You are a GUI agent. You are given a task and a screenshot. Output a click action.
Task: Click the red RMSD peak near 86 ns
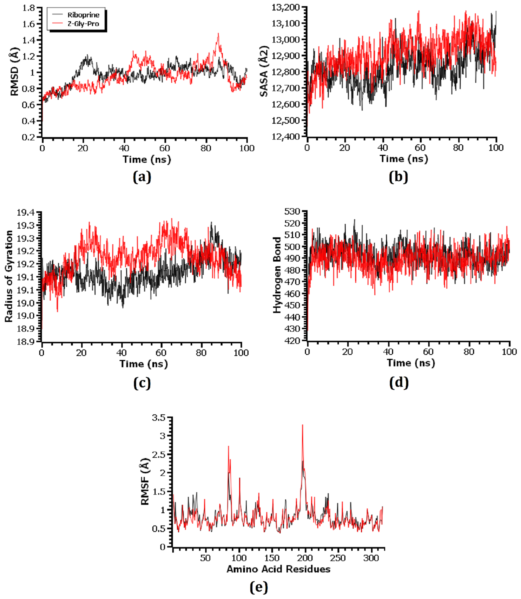point(218,34)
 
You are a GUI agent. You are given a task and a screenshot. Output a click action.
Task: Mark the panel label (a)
point(142,177)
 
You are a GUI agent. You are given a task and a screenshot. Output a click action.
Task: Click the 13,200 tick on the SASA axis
point(285,7)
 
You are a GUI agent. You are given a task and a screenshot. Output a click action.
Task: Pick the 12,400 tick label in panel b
point(285,136)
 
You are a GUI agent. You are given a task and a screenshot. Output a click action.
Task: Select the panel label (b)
point(398,177)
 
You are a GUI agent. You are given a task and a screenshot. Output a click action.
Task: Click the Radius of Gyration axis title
point(9,276)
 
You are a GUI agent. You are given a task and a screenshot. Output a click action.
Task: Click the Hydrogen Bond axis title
point(277,275)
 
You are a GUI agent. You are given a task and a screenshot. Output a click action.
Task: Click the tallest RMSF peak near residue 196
point(302,425)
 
